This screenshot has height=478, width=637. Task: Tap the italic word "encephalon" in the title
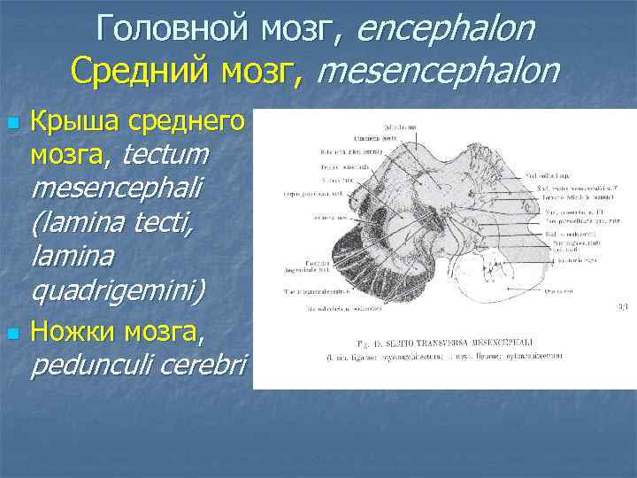(x=446, y=28)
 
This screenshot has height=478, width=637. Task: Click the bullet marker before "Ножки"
(x=12, y=335)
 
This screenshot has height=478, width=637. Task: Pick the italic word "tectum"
(x=167, y=154)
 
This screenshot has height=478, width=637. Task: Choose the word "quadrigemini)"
(x=118, y=289)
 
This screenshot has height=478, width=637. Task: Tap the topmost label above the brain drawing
(x=398, y=127)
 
